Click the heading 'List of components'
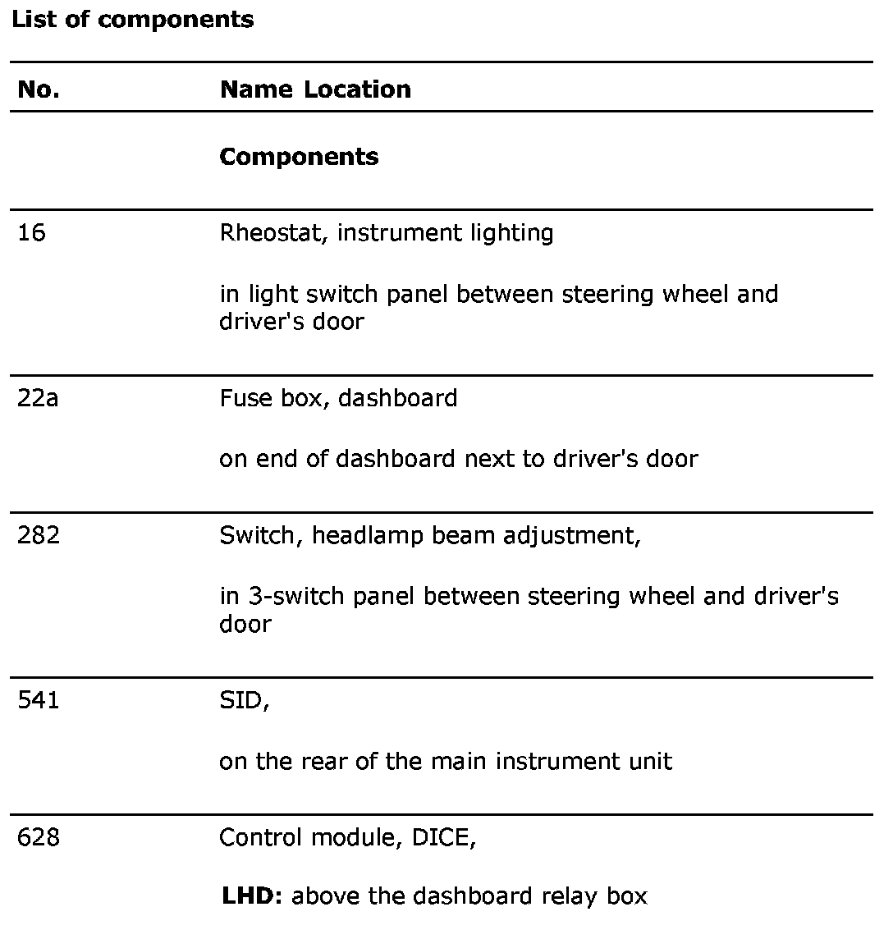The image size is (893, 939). [132, 20]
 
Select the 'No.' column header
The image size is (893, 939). [38, 89]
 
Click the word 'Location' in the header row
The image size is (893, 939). [357, 89]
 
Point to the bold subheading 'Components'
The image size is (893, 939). [299, 157]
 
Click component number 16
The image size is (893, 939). [32, 233]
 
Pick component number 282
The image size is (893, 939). [39, 535]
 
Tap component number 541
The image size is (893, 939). [39, 702]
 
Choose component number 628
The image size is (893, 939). [39, 838]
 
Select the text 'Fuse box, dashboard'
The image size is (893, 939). [338, 398]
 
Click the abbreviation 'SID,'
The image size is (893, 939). [244, 702]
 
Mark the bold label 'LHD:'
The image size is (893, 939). [252, 896]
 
